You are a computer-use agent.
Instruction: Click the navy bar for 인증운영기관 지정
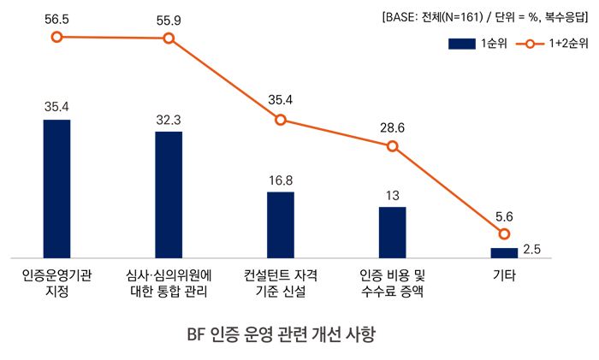pyautogui.click(x=56, y=188)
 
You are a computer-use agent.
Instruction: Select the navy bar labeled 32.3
pyautogui.click(x=169, y=194)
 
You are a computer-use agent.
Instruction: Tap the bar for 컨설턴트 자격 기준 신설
pyautogui.click(x=281, y=224)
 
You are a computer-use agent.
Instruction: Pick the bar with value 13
pyautogui.click(x=393, y=232)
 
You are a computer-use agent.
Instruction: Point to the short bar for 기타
pyautogui.click(x=504, y=252)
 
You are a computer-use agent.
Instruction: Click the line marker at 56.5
pyautogui.click(x=56, y=37)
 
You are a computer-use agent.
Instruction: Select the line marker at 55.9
pyautogui.click(x=169, y=38)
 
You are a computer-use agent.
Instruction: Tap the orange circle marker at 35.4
pyautogui.click(x=281, y=120)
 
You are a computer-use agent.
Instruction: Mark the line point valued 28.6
pyautogui.click(x=393, y=146)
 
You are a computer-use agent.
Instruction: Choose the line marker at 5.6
pyautogui.click(x=504, y=234)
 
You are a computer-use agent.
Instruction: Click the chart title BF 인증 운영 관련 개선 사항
pyautogui.click(x=281, y=333)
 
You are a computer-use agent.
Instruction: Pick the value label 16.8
pyautogui.click(x=281, y=180)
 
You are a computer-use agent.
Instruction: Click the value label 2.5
pyautogui.click(x=531, y=250)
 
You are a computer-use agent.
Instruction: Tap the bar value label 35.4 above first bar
pyautogui.click(x=56, y=107)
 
